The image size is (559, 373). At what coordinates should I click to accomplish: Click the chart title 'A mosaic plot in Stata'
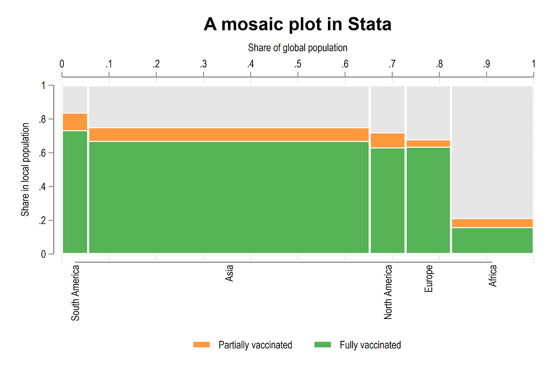tap(297, 25)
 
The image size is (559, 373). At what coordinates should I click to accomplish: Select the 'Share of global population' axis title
tap(297, 48)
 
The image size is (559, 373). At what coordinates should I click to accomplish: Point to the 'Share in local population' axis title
tap(25, 170)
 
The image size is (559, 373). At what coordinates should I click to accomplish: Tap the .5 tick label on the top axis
tap(297, 64)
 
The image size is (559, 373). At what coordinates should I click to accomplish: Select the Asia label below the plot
tap(229, 273)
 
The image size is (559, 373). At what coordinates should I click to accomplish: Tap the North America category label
tap(388, 292)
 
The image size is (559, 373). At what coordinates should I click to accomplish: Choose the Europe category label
tap(429, 279)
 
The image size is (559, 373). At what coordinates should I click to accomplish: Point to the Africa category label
tap(493, 276)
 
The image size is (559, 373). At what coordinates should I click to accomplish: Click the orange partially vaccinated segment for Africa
tap(492, 223)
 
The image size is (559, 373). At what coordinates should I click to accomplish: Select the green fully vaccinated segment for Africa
tap(492, 240)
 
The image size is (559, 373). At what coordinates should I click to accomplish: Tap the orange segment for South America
tap(75, 122)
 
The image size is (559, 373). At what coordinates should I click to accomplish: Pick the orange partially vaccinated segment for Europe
tap(428, 143)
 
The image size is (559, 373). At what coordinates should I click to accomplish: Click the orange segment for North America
tap(388, 140)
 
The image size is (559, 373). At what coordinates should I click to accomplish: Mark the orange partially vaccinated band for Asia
tap(229, 134)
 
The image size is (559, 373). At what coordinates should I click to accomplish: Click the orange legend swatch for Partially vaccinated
tap(202, 345)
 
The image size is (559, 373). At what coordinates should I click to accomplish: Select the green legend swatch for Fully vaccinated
tap(323, 345)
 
